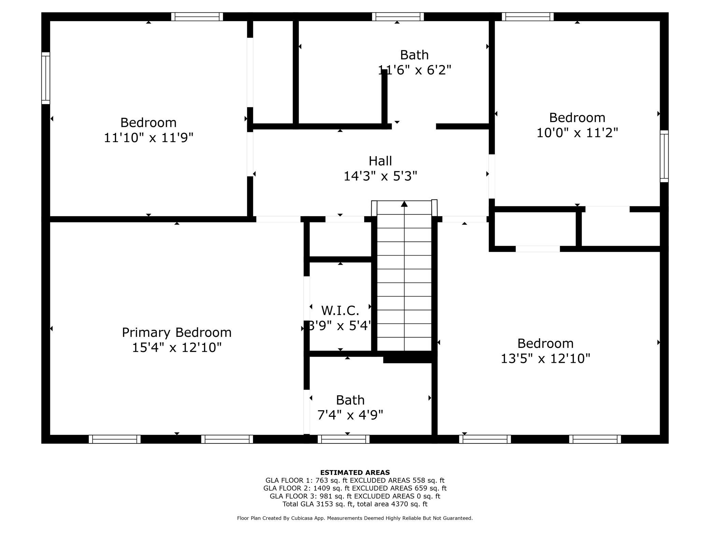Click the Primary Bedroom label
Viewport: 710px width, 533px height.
point(176,332)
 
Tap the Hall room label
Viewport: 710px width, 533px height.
point(380,161)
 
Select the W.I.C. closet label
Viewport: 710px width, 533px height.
point(340,311)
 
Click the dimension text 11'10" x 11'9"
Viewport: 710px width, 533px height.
point(148,138)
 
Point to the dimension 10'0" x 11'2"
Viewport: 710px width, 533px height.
point(577,133)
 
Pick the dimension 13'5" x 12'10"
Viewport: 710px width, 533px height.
point(545,358)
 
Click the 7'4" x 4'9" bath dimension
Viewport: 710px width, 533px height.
point(350,415)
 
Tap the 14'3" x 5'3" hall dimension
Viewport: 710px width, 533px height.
point(380,176)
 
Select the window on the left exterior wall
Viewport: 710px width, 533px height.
point(46,78)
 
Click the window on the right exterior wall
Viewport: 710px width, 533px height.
point(664,156)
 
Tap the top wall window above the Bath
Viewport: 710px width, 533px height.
point(398,17)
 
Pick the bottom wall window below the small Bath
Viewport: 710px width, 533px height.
point(343,439)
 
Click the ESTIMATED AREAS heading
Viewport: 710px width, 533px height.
point(355,473)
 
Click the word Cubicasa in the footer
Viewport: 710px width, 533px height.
point(303,518)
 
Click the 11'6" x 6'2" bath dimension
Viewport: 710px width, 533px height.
point(414,70)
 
